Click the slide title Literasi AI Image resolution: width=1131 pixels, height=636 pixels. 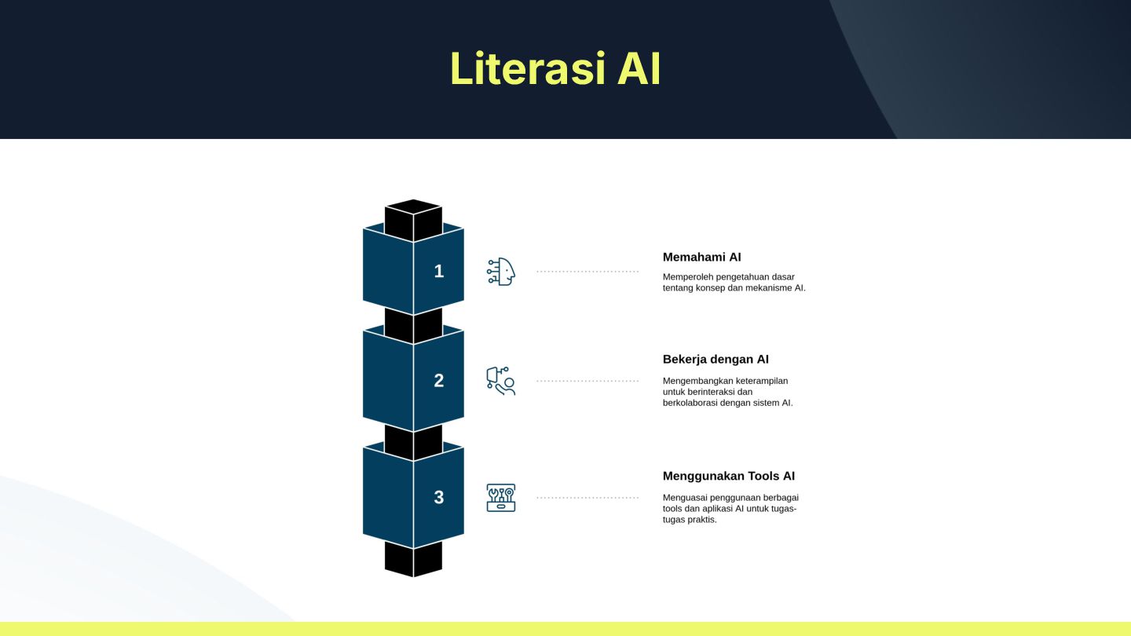coord(555,69)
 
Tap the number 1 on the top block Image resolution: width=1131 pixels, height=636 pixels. coord(439,271)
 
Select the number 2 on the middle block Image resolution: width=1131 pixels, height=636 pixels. coord(439,380)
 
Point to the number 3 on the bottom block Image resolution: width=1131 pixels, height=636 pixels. coord(439,497)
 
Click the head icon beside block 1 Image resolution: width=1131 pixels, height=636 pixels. coord(501,272)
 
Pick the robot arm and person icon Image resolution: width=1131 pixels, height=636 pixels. coord(501,381)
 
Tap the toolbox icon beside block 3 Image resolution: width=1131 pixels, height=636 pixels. coord(501,498)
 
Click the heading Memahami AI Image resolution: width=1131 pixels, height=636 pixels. coord(701,257)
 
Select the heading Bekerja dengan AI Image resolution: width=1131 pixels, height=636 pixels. coord(716,360)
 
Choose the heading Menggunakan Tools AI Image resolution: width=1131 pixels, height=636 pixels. coord(729,476)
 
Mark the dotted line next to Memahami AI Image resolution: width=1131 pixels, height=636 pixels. coord(587,272)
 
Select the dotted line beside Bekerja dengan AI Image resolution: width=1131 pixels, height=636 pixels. coord(587,381)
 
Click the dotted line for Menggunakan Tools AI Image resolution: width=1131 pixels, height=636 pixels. coord(587,498)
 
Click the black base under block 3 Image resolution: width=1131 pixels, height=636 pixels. coord(413,559)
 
